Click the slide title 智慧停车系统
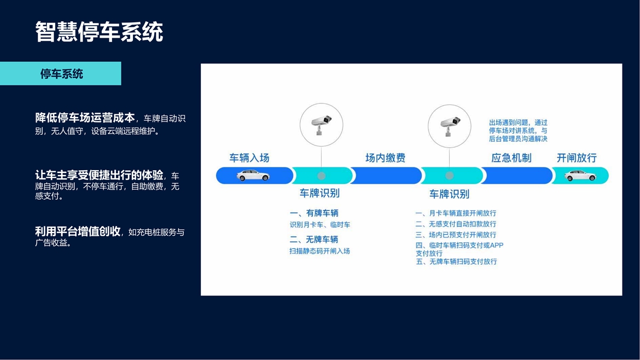pyautogui.click(x=99, y=32)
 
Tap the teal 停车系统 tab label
pyautogui.click(x=62, y=74)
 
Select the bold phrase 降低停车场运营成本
pyautogui.click(x=85, y=118)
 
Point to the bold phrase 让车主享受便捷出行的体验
pyautogui.click(x=99, y=175)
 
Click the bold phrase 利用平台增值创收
pyautogui.click(x=78, y=231)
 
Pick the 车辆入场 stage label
pyautogui.click(x=249, y=158)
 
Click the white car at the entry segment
pyautogui.click(x=253, y=176)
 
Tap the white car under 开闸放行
pyautogui.click(x=580, y=176)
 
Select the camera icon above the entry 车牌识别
pyautogui.click(x=322, y=124)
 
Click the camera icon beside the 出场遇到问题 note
pyautogui.click(x=450, y=126)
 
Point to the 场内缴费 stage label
pyautogui.click(x=385, y=158)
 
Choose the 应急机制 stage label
pyautogui.click(x=511, y=158)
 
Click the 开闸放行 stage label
pyautogui.click(x=577, y=158)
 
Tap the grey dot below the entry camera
pyautogui.click(x=322, y=176)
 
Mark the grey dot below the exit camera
pyautogui.click(x=450, y=176)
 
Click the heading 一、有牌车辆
pyautogui.click(x=314, y=213)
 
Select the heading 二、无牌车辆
pyautogui.click(x=314, y=239)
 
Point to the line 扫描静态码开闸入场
pyautogui.click(x=319, y=251)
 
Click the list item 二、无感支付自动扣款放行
pyautogui.click(x=456, y=224)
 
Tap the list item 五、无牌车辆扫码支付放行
pyautogui.click(x=456, y=262)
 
